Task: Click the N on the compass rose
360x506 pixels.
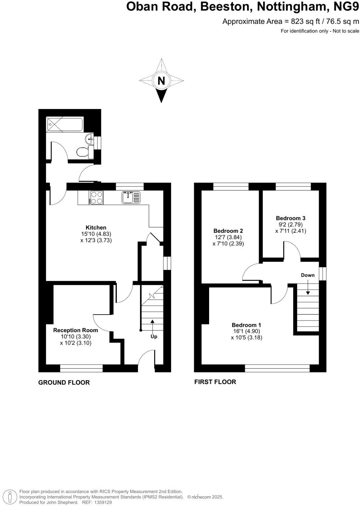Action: (161, 81)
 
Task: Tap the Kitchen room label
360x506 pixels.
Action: (96, 228)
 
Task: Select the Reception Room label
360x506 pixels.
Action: (75, 330)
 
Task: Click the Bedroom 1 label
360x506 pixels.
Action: (246, 325)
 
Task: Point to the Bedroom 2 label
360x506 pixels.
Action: (228, 231)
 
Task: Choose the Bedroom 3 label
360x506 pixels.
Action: (291, 218)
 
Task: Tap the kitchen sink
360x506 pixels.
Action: (131, 198)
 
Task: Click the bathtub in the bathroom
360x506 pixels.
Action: (65, 125)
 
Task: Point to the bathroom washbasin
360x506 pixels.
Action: (89, 138)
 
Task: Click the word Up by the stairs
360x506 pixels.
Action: (154, 336)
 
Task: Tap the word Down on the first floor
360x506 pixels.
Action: (308, 275)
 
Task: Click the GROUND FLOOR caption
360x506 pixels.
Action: (64, 382)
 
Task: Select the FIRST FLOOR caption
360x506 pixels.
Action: (215, 382)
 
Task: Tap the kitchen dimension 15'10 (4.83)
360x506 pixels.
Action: (96, 234)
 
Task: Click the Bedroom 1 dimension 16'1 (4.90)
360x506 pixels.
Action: (246, 331)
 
